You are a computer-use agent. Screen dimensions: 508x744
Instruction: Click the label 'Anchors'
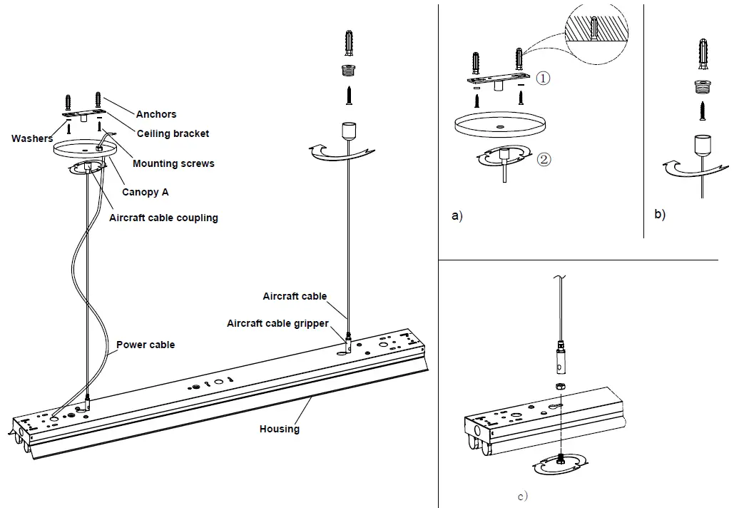[x=156, y=114]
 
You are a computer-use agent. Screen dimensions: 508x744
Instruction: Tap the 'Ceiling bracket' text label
[x=173, y=133]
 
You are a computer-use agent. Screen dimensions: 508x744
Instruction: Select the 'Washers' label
[x=32, y=138]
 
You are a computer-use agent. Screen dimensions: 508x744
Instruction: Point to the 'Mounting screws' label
[x=173, y=163]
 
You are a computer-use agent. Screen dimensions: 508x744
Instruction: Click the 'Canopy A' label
[x=146, y=192]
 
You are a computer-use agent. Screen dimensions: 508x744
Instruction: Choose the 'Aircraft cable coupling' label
[x=163, y=218]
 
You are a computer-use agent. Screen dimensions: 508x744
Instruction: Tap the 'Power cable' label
[x=146, y=345]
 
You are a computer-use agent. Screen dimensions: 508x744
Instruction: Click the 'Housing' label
[x=280, y=429]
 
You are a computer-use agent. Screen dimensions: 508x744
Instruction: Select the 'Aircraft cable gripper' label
[x=277, y=323]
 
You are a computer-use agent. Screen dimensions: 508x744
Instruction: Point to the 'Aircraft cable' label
[x=295, y=296]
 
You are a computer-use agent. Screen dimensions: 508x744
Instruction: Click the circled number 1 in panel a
[x=543, y=78]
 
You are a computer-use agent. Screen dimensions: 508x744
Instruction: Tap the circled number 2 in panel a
[x=544, y=159]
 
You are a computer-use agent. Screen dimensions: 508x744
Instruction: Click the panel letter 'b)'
[x=660, y=214]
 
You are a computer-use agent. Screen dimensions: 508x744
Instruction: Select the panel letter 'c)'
[x=523, y=497]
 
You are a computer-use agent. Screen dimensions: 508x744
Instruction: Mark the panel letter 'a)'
[x=457, y=215]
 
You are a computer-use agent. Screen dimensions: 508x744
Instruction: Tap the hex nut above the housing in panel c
[x=561, y=386]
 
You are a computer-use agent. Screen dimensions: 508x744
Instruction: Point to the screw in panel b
[x=703, y=111]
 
